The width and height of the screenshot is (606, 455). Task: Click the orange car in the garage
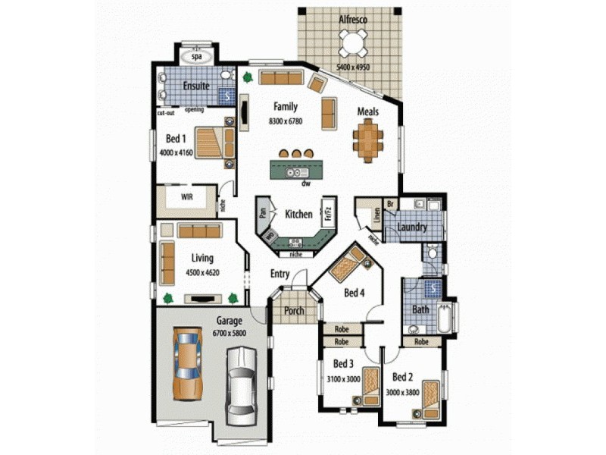[x=186, y=363]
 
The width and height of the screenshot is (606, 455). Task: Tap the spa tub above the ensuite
[x=198, y=56]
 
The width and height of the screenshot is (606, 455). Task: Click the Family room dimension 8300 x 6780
[x=286, y=121]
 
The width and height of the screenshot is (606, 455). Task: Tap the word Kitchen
[x=298, y=215]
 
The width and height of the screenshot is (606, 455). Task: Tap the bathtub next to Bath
[x=444, y=317]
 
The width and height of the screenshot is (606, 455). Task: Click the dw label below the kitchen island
[x=306, y=184]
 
